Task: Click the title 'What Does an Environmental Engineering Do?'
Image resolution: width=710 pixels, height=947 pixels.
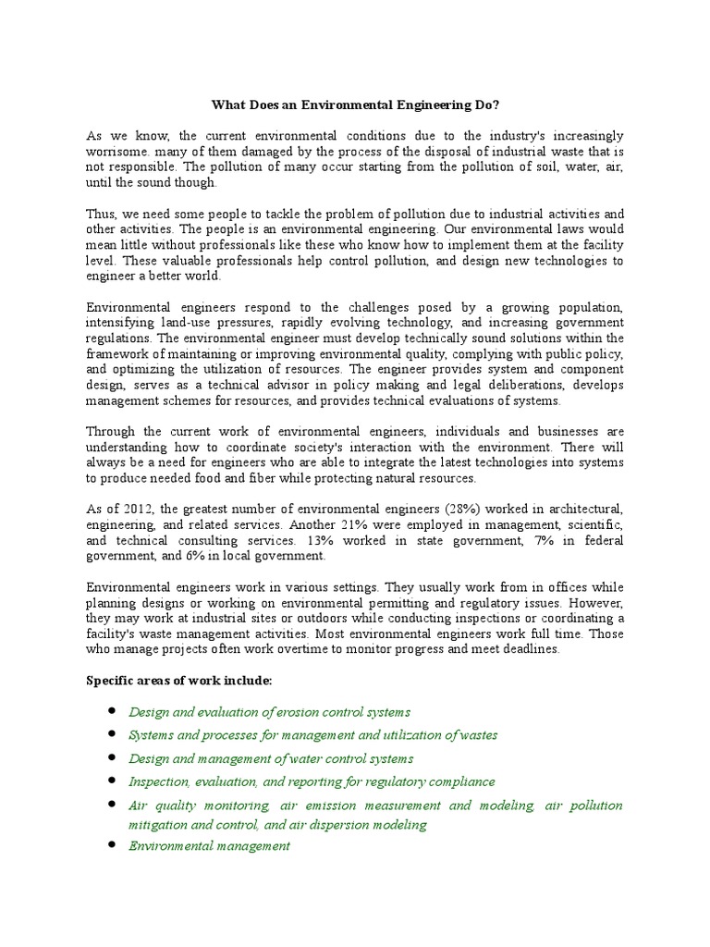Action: coord(355,105)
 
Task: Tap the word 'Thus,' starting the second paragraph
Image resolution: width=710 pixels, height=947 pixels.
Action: coord(103,214)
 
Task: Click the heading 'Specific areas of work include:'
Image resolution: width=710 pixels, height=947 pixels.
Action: coord(178,681)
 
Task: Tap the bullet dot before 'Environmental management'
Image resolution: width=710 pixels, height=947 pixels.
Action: coord(111,845)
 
